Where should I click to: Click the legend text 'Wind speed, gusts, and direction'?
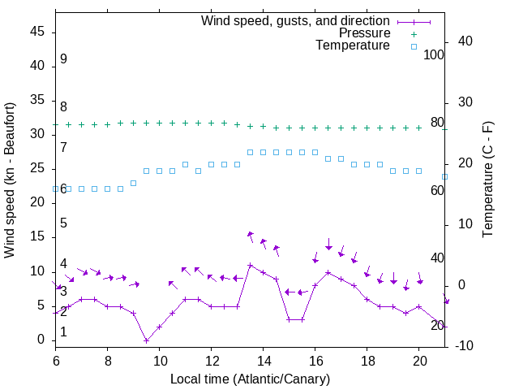[x=295, y=20]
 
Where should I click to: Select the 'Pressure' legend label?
[x=364, y=33]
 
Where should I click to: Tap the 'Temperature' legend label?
[x=353, y=45]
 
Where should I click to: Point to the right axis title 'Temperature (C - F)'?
[x=488, y=180]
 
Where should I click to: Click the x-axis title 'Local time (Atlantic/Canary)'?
[x=250, y=379]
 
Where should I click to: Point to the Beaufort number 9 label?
[x=63, y=59]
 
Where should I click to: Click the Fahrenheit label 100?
[x=435, y=54]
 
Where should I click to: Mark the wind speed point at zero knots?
[x=146, y=340]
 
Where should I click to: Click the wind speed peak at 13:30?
[x=251, y=265]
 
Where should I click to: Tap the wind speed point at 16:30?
[x=328, y=272]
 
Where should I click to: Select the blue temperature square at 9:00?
[x=133, y=183]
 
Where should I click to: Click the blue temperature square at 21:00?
[x=444, y=176]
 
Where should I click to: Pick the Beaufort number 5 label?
[x=63, y=223]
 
